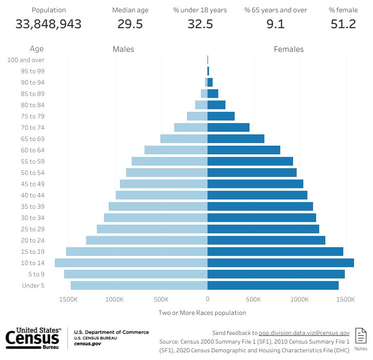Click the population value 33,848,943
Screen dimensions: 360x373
tap(49, 24)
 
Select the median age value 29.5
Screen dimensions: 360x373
tap(130, 24)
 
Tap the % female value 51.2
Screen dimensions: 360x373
tap(343, 24)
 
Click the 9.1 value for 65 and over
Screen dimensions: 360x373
tap(276, 24)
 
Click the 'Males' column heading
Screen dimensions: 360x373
tap(123, 49)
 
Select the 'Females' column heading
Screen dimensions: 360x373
tap(288, 49)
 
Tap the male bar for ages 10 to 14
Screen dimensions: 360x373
tap(131, 263)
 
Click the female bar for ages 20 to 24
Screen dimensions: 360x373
tap(266, 240)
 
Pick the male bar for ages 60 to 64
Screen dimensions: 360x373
tap(176, 150)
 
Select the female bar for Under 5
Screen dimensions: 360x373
tap(273, 285)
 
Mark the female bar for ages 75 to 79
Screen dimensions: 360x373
tap(221, 116)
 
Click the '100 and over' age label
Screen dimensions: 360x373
tap(26, 60)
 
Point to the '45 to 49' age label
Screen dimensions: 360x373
tap(33, 184)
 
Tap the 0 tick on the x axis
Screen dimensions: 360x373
tap(208, 299)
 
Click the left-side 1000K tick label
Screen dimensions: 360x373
tap(115, 299)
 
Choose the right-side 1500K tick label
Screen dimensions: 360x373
tap(346, 299)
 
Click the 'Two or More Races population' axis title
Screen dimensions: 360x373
tap(202, 313)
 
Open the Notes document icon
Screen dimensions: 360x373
tap(361, 336)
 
